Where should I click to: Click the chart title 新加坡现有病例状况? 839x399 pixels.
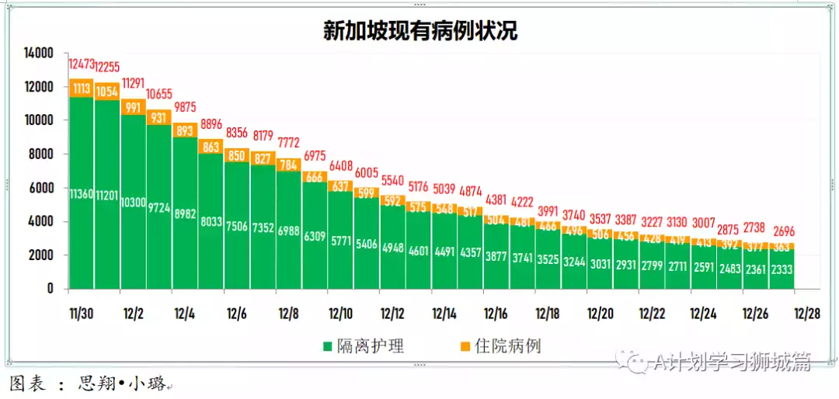tap(420, 30)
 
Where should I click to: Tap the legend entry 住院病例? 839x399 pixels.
tap(508, 346)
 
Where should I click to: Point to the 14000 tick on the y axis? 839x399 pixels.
tap(37, 54)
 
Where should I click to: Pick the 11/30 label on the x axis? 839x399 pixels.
tap(82, 314)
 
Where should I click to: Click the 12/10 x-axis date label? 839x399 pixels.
tap(340, 314)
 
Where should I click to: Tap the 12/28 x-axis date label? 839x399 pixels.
tap(806, 314)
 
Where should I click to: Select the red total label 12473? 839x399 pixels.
tap(82, 64)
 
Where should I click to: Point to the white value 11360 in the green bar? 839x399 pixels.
tap(82, 193)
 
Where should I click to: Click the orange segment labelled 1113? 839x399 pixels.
tap(82, 88)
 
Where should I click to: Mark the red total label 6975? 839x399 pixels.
tap(315, 157)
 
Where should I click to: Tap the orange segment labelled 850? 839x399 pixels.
tap(238, 155)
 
